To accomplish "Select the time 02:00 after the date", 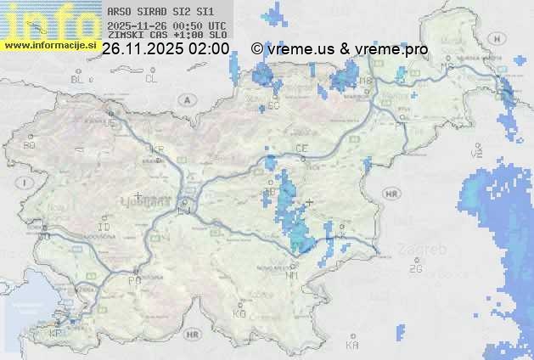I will coord(209,49).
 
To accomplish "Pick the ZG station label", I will coord(415,269).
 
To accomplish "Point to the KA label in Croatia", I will coord(353,345).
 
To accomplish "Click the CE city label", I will coord(301,149).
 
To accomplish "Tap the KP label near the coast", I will coord(56,334).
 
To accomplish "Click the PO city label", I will coord(133,280).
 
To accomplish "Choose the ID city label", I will coord(104,228).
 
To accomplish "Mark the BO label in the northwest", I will coord(30,146).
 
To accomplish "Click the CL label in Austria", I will coord(151,79).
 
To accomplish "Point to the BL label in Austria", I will coord(77,79).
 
